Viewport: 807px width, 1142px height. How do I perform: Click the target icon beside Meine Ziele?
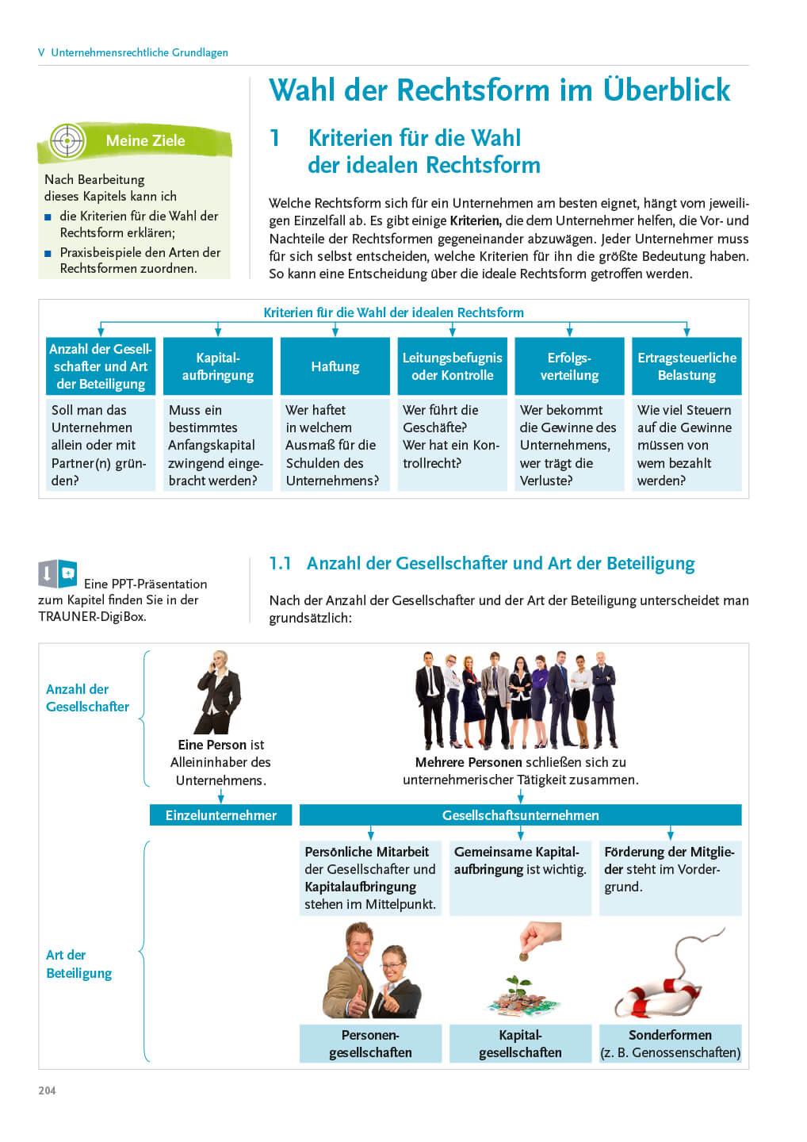(67, 141)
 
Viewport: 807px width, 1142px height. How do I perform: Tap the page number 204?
(47, 1090)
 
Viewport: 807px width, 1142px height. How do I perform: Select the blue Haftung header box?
(335, 366)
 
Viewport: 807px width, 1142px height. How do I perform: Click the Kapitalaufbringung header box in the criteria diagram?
(218, 366)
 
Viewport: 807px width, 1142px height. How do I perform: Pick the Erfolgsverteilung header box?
(569, 366)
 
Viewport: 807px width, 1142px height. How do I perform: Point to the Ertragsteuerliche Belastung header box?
(687, 366)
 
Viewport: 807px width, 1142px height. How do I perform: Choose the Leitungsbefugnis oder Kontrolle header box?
(452, 366)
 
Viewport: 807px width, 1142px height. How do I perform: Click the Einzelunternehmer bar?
(220, 815)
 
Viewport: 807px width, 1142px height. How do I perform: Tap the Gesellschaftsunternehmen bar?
(520, 815)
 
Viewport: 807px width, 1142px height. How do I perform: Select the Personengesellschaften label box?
(370, 1044)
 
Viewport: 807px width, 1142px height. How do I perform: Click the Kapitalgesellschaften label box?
(520, 1044)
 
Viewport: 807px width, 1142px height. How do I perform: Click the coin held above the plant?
(523, 957)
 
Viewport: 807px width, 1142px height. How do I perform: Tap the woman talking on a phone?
(217, 692)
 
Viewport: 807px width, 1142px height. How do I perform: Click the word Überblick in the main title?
(667, 90)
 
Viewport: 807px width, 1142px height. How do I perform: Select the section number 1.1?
(280, 564)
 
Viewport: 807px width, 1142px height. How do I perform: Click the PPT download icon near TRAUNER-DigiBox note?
(57, 573)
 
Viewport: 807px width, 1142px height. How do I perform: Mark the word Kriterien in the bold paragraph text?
(475, 221)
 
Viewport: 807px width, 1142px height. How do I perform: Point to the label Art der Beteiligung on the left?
(78, 964)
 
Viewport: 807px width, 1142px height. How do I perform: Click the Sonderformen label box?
(670, 1044)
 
